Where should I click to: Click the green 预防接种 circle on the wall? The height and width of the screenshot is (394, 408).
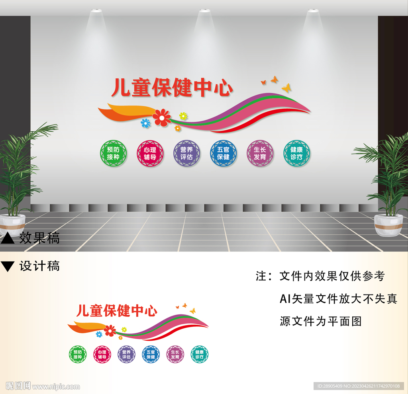pyautogui.click(x=113, y=153)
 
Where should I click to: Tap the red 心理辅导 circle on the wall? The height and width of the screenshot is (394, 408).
pyautogui.click(x=150, y=153)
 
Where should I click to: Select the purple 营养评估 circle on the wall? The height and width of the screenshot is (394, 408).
pyautogui.click(x=186, y=153)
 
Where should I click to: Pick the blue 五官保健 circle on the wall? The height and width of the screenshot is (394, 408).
pyautogui.click(x=223, y=153)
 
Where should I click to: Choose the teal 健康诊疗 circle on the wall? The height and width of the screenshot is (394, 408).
pyautogui.click(x=296, y=153)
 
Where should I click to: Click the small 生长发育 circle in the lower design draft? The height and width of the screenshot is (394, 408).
pyautogui.click(x=175, y=354)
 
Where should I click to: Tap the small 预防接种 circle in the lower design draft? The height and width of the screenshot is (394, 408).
pyautogui.click(x=77, y=354)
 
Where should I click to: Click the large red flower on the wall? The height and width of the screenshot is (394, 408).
pyautogui.click(x=161, y=117)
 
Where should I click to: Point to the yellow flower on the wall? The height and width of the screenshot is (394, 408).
pyautogui.click(x=183, y=116)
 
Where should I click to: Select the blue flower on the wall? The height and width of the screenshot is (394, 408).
pyautogui.click(x=146, y=123)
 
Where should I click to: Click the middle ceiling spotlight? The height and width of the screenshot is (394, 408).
pyautogui.click(x=204, y=11)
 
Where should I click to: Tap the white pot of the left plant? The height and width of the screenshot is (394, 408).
pyautogui.click(x=12, y=225)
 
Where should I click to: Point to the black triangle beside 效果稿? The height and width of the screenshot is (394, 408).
pyautogui.click(x=8, y=238)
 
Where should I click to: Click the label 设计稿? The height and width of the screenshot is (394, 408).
pyautogui.click(x=39, y=266)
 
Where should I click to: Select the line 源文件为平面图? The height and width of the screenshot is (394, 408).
pyautogui.click(x=320, y=321)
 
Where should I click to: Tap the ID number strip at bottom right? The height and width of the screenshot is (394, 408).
pyautogui.click(x=359, y=386)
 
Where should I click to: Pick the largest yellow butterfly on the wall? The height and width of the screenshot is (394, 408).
pyautogui.click(x=286, y=88)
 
